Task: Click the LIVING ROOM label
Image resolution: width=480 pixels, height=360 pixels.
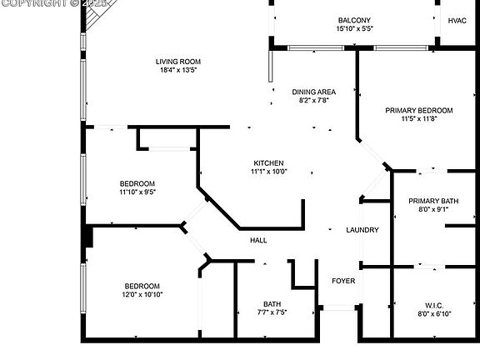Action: (x=178, y=62)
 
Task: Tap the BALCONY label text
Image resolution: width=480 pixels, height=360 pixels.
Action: (x=354, y=20)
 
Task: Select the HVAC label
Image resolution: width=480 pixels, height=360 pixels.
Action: (x=457, y=21)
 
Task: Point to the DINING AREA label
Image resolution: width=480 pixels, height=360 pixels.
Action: (x=314, y=92)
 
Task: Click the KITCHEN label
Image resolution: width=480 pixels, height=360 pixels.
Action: (x=268, y=163)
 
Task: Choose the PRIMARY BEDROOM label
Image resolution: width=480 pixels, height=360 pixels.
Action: (x=419, y=111)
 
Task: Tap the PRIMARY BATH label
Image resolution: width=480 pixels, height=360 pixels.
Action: (x=433, y=201)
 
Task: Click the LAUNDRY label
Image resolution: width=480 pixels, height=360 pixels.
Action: (x=362, y=230)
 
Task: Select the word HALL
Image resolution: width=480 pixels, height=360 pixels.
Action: (x=258, y=240)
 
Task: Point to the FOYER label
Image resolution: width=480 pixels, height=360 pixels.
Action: (x=343, y=281)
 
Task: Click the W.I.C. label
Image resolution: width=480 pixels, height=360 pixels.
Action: (x=434, y=306)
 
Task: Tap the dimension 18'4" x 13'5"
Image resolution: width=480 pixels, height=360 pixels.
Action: (x=178, y=70)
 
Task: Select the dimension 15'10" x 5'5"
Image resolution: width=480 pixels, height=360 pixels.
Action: (x=354, y=29)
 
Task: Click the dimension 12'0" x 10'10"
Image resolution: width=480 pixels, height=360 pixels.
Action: (x=142, y=294)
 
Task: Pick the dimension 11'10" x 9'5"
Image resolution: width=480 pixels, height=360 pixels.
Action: (x=137, y=192)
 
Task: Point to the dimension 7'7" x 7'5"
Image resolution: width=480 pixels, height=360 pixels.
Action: (x=272, y=312)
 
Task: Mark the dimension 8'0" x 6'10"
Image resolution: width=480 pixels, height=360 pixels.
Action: (x=434, y=314)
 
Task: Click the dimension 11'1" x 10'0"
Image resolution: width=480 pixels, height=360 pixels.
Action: (x=269, y=172)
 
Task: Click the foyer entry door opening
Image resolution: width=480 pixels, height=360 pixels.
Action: (x=339, y=307)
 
